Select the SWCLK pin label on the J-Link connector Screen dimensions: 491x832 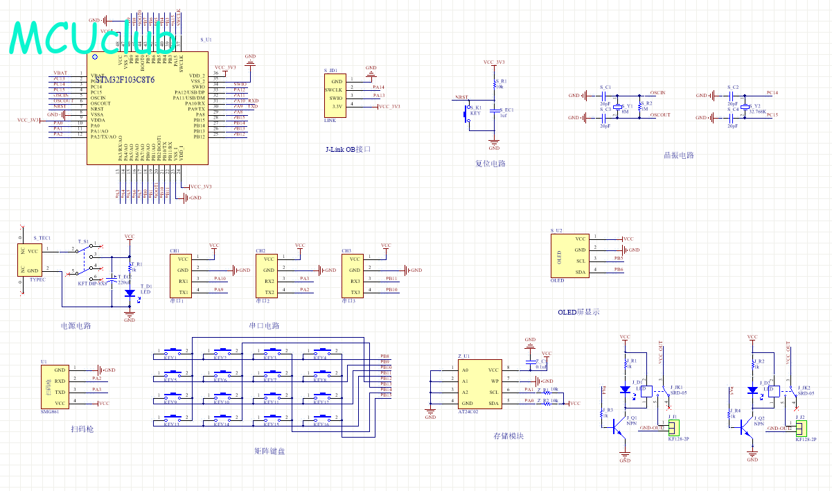tap(335, 90)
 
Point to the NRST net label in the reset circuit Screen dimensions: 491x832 tap(460, 98)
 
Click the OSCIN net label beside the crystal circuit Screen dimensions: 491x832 tap(658, 92)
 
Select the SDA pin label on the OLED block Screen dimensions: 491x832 tap(581, 272)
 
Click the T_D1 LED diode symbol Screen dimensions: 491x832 tap(130, 293)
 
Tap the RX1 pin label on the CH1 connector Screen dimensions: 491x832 tap(183, 281)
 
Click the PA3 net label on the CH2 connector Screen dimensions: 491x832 tap(304, 279)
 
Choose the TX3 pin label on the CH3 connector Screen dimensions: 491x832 tap(354, 292)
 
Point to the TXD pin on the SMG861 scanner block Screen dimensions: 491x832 tap(60, 393)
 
